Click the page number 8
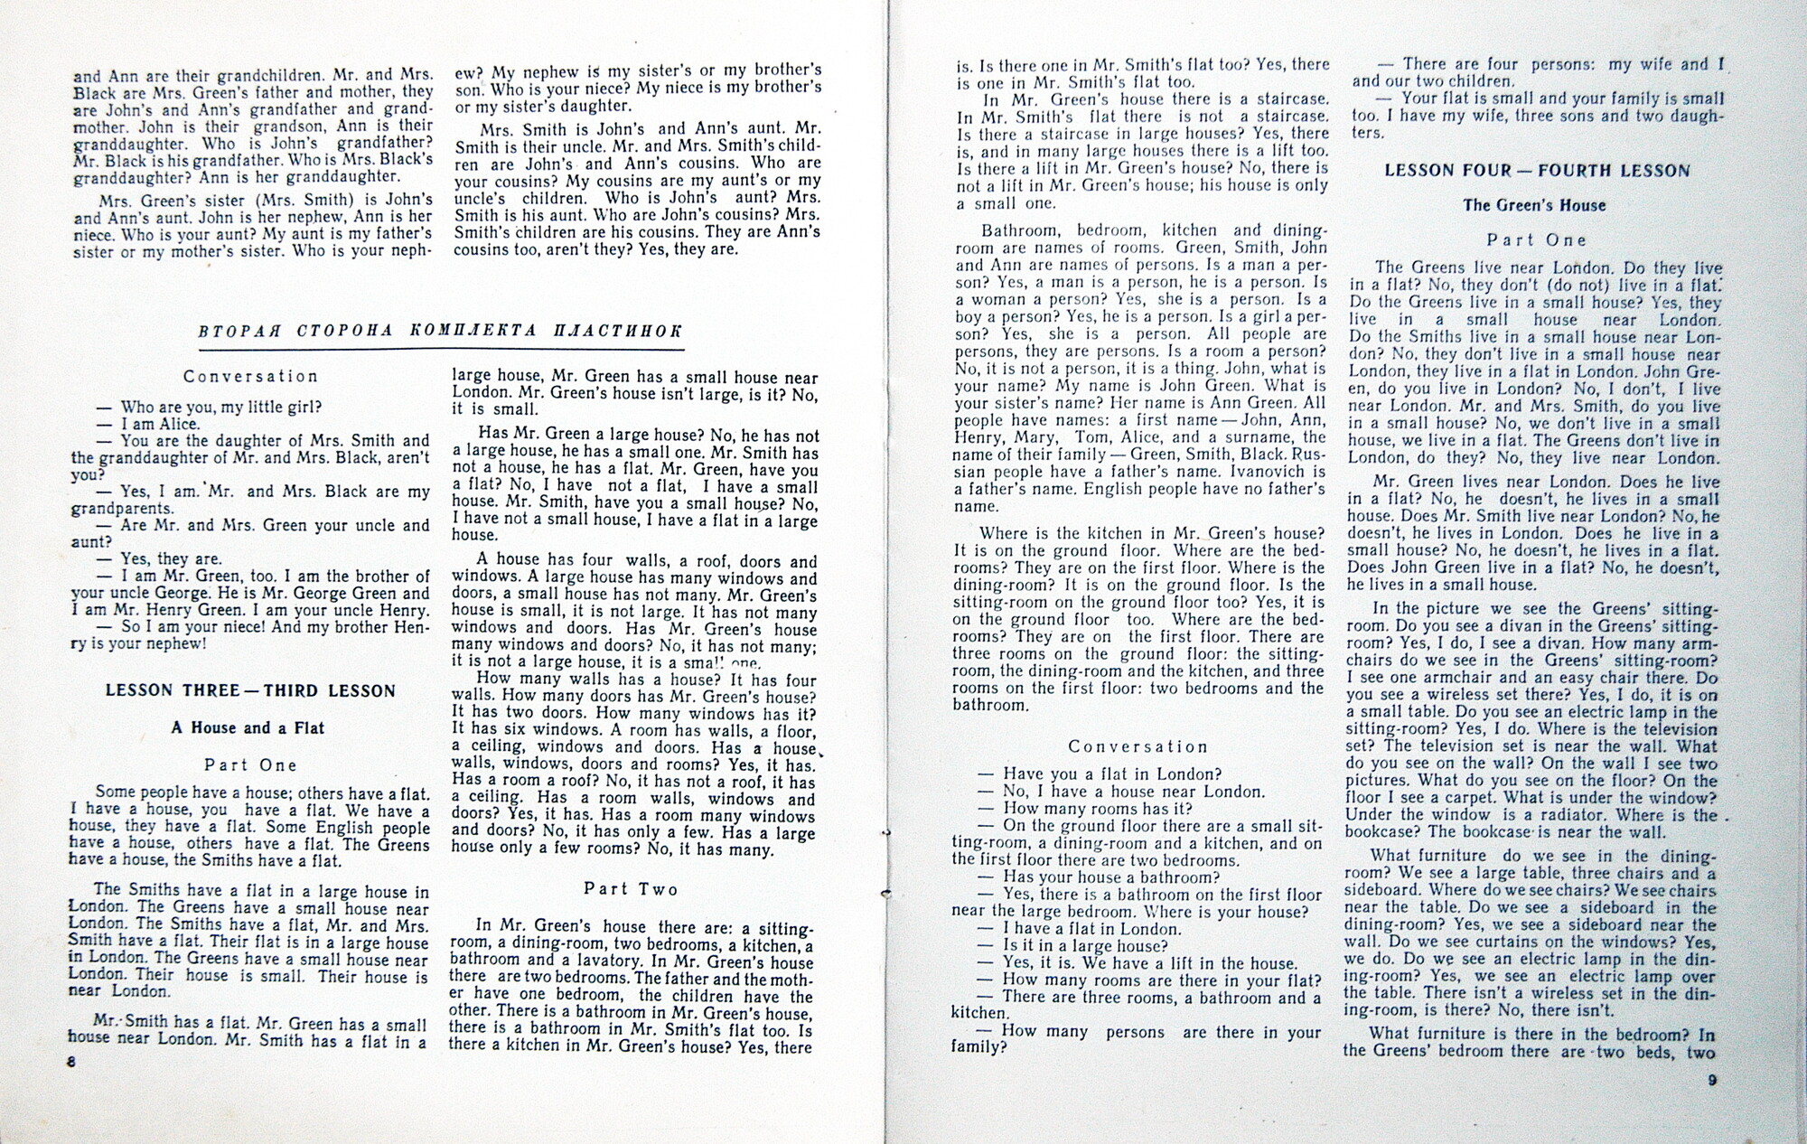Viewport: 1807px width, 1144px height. click(71, 1063)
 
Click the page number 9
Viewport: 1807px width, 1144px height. click(1712, 1080)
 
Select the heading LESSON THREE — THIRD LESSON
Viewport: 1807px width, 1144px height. click(251, 691)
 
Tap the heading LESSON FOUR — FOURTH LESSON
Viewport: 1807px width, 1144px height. click(1537, 170)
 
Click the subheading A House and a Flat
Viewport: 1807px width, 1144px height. click(248, 728)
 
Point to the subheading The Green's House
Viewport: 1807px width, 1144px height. click(1534, 205)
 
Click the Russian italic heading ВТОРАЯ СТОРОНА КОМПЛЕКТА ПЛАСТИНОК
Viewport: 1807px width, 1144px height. click(440, 331)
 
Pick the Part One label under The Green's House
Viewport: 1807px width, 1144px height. click(1537, 240)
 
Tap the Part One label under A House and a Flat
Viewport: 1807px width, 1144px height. click(250, 765)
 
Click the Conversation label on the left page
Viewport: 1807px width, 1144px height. click(250, 377)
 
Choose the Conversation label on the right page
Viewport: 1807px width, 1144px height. click(1138, 747)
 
